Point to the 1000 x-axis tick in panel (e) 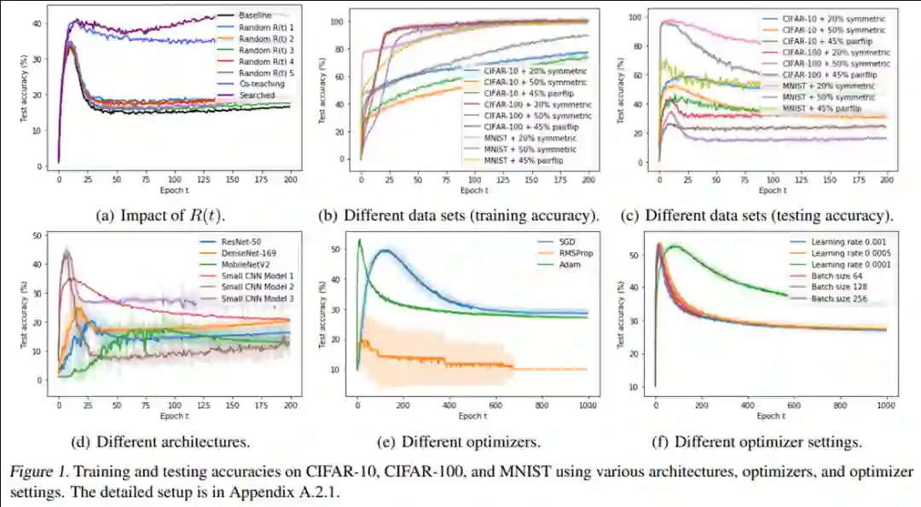click(588, 406)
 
